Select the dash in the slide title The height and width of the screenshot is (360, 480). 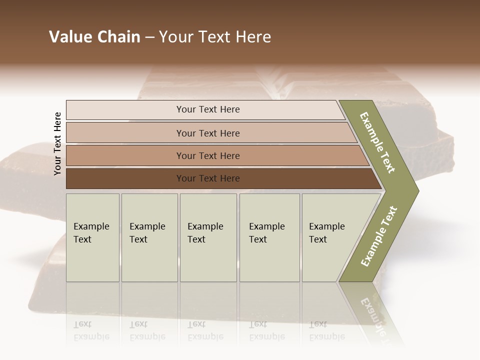(149, 37)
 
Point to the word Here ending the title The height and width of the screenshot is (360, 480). (253, 37)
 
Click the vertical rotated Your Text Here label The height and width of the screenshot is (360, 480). (57, 144)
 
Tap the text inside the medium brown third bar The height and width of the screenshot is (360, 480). (208, 156)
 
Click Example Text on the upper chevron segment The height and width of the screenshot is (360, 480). (377, 142)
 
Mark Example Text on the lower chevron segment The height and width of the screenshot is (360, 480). (379, 236)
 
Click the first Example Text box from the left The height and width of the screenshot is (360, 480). (92, 237)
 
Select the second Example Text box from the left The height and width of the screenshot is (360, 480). (149, 237)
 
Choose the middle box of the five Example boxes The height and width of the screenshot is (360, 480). (208, 237)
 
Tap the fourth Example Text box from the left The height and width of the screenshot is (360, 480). (269, 237)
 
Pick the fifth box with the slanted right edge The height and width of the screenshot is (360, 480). (330, 237)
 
